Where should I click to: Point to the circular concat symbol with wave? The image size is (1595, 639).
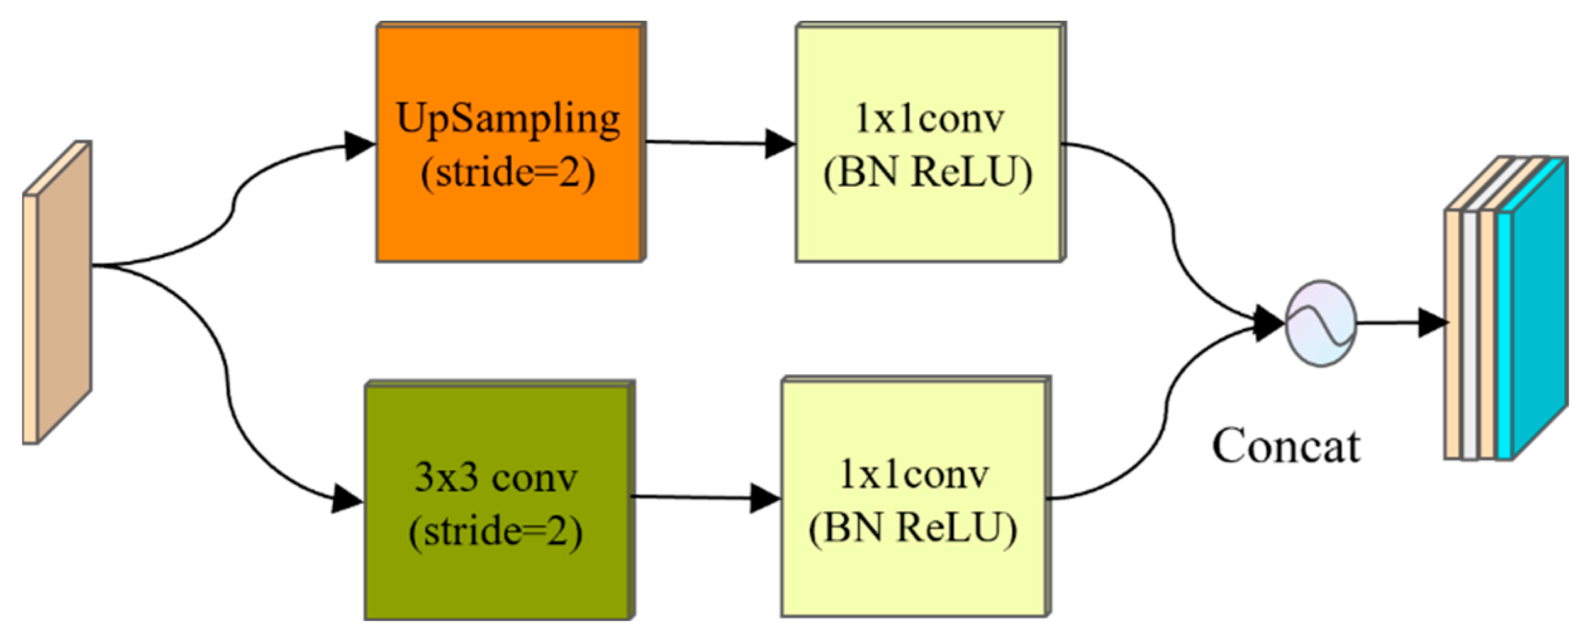[x=1320, y=323]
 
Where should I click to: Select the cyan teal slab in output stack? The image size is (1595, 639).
[x=1538, y=308]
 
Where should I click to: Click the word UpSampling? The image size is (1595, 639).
[x=508, y=119]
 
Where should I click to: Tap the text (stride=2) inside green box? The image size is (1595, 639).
[x=496, y=531]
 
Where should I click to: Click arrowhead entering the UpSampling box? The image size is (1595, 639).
[x=360, y=146]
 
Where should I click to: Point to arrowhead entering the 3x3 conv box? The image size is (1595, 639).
[x=347, y=499]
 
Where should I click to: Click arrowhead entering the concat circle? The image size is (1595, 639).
[x=1268, y=323]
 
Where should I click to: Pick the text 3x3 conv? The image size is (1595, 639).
[x=496, y=478]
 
